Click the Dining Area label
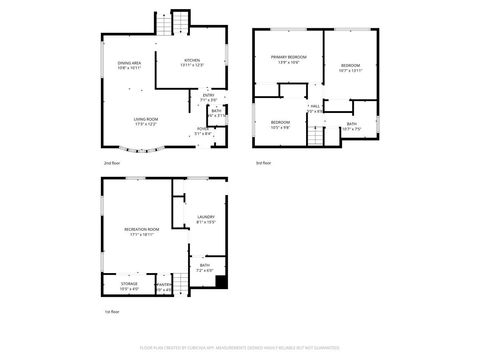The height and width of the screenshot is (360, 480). (129, 64)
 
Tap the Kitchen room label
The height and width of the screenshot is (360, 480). (193, 62)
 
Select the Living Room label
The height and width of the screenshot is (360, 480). (147, 119)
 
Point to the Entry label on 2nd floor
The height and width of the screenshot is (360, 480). (208, 96)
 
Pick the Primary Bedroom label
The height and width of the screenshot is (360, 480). (288, 58)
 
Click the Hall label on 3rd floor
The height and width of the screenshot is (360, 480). (314, 106)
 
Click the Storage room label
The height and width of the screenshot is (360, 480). (130, 285)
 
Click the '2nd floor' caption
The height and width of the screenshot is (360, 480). (112, 162)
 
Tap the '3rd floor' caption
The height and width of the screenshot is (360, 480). (263, 162)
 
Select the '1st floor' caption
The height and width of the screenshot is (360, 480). (112, 312)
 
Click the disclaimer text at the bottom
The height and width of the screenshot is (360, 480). (240, 350)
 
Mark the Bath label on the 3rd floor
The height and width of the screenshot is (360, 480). (351, 125)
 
